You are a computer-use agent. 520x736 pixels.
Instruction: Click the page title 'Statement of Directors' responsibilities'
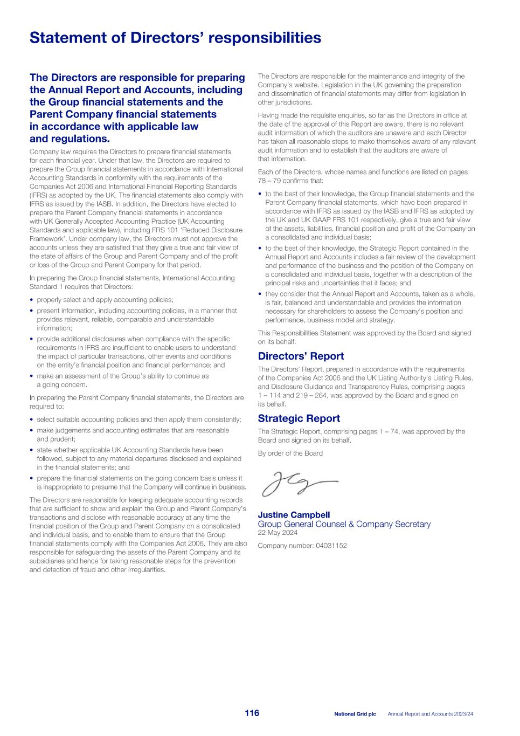click(x=175, y=38)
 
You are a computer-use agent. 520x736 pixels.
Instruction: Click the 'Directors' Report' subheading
click(x=301, y=356)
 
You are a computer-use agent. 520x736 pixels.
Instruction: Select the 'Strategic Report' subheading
click(x=299, y=418)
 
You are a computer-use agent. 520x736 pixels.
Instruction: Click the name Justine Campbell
click(x=294, y=515)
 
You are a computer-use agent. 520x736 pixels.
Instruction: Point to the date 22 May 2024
click(x=278, y=533)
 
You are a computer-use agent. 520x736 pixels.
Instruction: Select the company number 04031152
click(x=302, y=546)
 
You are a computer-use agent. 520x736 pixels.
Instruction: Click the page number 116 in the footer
click(x=252, y=713)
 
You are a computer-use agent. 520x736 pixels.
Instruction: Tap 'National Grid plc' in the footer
click(x=355, y=714)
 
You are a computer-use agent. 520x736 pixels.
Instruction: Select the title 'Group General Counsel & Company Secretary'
click(x=344, y=524)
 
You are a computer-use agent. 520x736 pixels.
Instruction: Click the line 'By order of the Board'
click(x=290, y=453)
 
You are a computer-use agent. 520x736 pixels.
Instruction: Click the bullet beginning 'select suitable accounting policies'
click(x=138, y=419)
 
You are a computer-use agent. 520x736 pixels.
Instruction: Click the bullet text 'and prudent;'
click(x=56, y=439)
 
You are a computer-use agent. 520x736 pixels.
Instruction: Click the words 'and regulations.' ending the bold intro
click(x=70, y=139)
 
